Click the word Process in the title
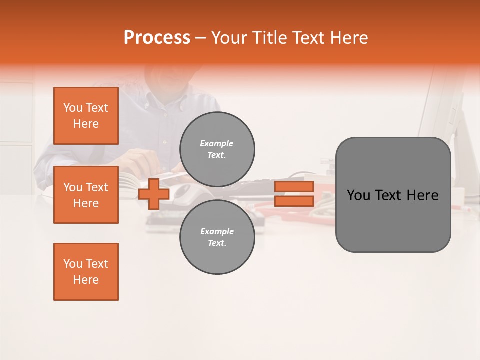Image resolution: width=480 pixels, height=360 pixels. [x=157, y=38]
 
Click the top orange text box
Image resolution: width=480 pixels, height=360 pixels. [x=86, y=116]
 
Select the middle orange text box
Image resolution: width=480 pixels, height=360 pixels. [x=86, y=195]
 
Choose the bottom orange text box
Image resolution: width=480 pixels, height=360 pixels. [x=86, y=272]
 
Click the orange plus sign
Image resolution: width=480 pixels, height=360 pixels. [x=154, y=194]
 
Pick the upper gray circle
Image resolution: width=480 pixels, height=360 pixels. [x=217, y=149]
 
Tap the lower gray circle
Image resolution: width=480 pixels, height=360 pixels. [x=217, y=237]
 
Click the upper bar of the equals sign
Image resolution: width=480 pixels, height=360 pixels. [x=294, y=187]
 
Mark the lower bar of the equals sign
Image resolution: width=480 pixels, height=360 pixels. [x=294, y=201]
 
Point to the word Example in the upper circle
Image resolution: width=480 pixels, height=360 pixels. [x=217, y=143]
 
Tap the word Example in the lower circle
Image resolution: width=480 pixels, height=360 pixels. [x=217, y=231]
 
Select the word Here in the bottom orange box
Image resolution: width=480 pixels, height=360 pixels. [x=86, y=280]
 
